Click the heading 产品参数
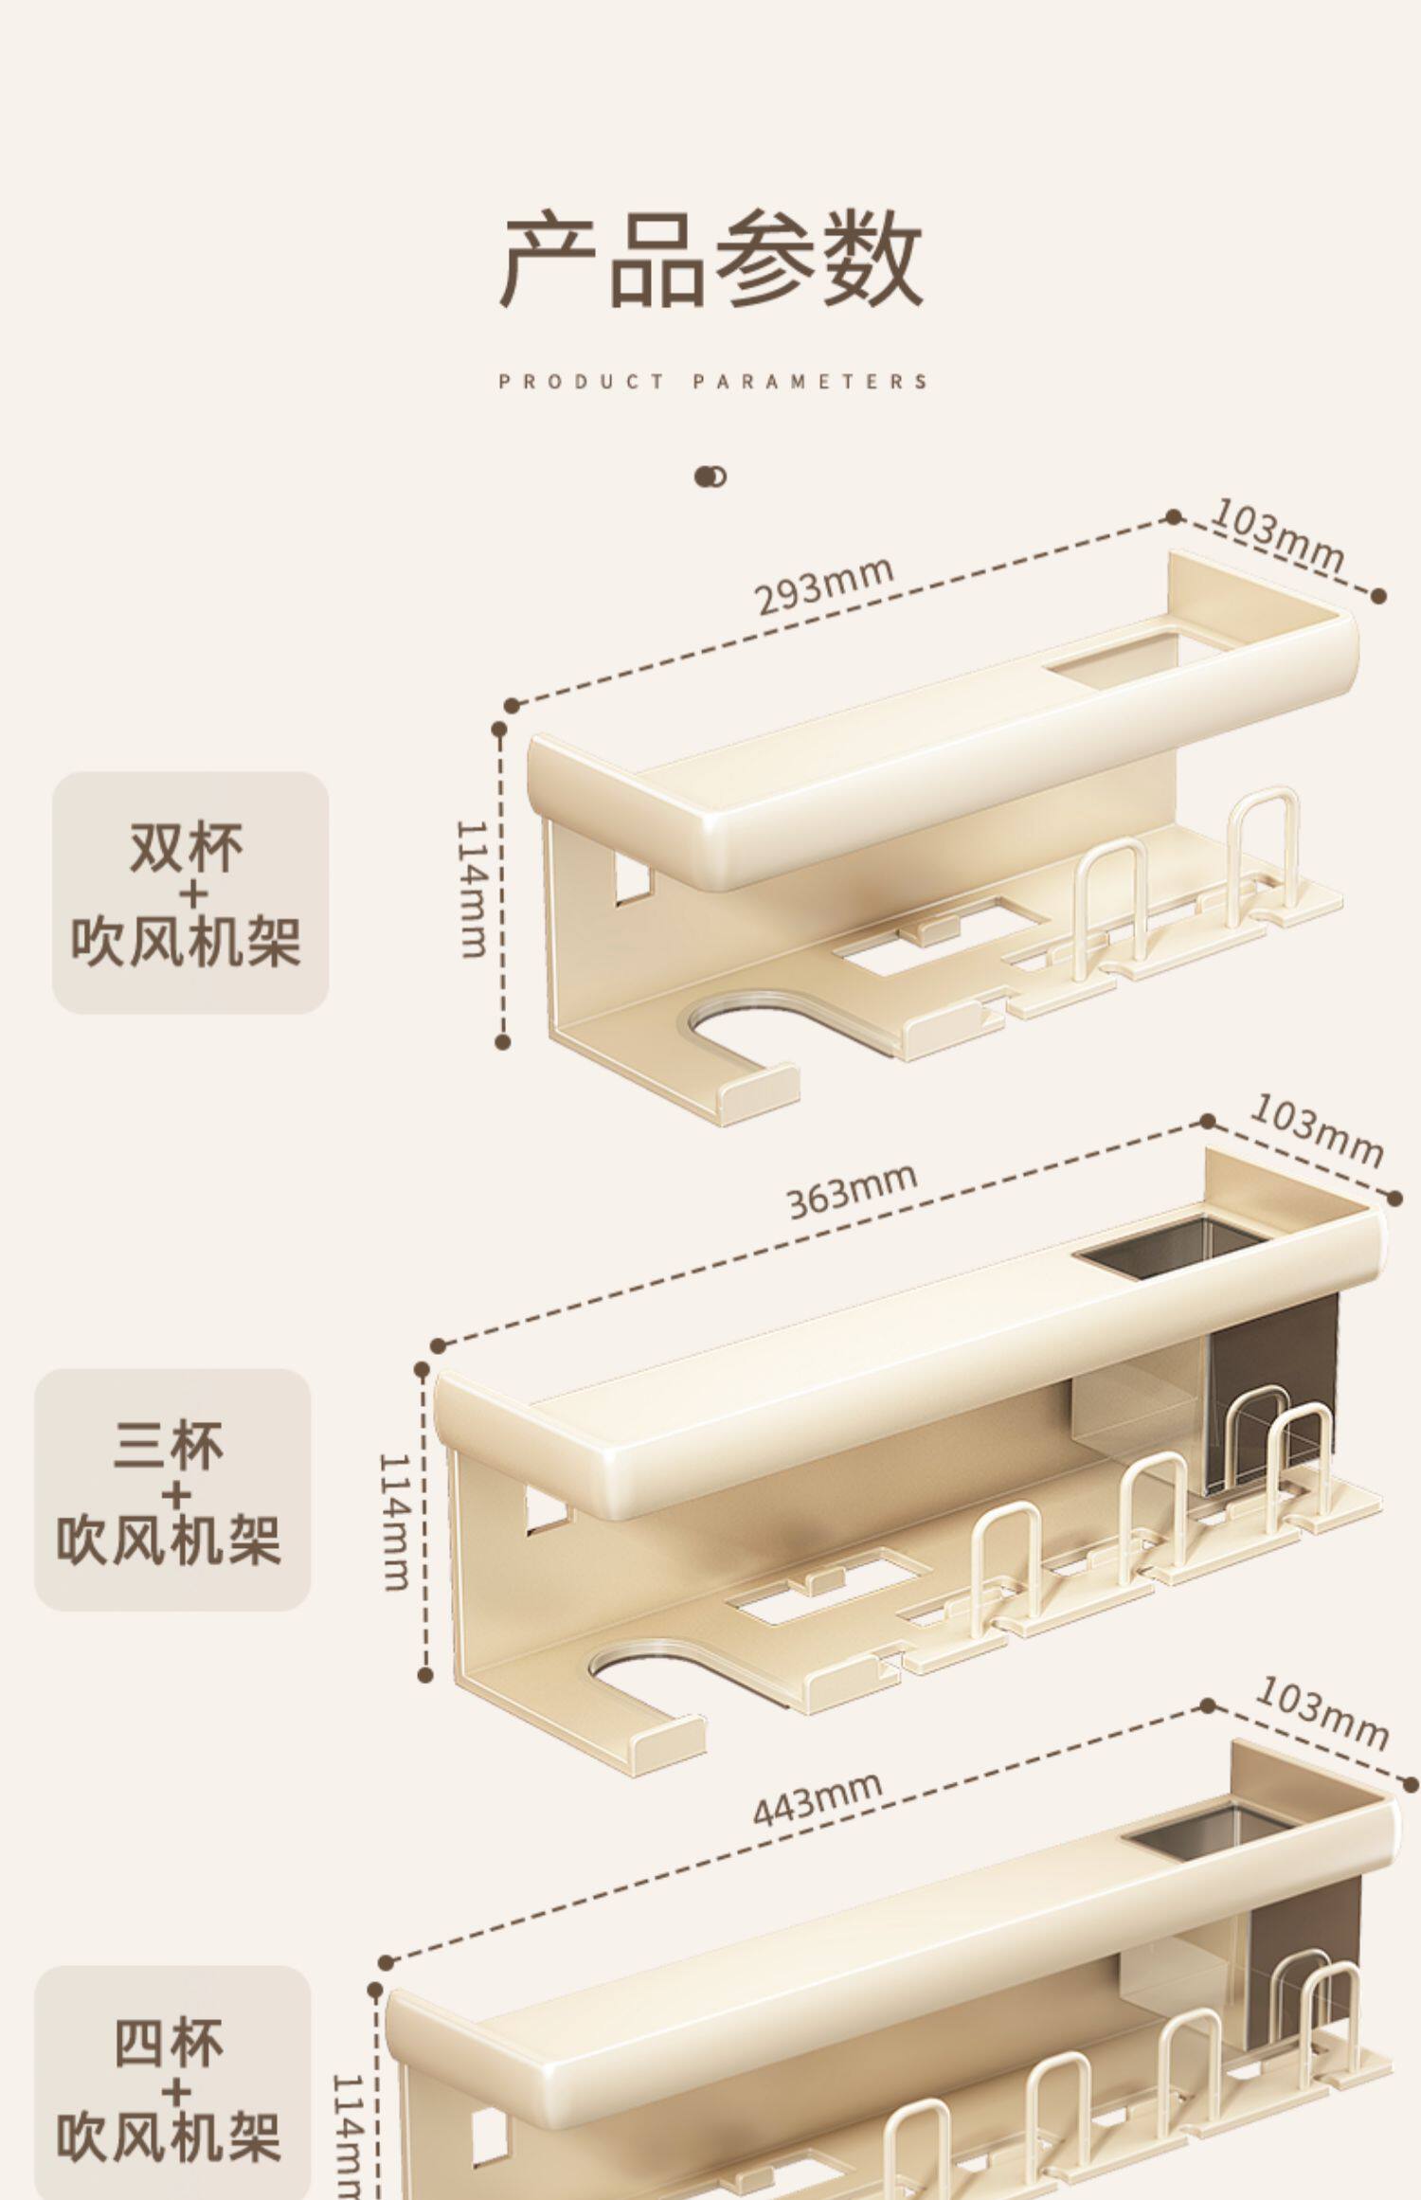pyautogui.click(x=712, y=258)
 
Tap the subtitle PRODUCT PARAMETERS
pyautogui.click(x=713, y=382)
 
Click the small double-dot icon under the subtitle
pyautogui.click(x=710, y=477)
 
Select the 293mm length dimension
pyautogui.click(x=824, y=586)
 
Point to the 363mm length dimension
pyautogui.click(x=852, y=1190)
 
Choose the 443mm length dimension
pyautogui.click(x=817, y=1798)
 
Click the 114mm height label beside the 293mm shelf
pyautogui.click(x=471, y=889)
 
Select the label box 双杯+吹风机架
pyautogui.click(x=190, y=893)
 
